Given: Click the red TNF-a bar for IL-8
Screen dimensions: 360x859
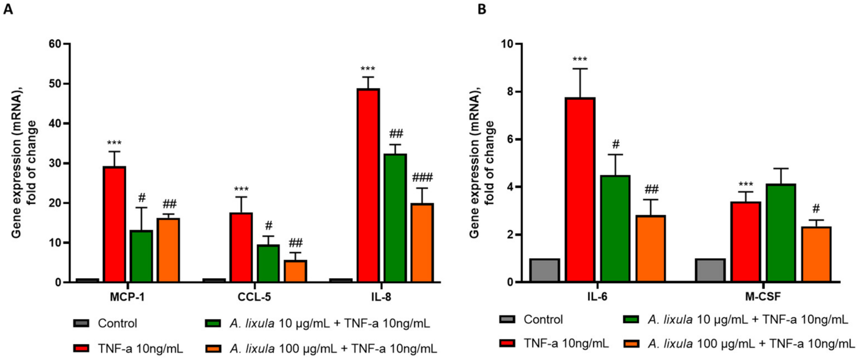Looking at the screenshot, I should (368, 185).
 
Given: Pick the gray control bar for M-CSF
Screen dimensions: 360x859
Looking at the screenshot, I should (710, 270).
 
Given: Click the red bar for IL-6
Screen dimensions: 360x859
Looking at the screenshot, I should (580, 190).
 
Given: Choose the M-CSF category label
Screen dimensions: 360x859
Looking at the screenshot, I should (763, 297).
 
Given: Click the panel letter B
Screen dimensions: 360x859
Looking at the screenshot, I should (482, 9).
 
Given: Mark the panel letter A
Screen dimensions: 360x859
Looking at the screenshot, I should (8, 9).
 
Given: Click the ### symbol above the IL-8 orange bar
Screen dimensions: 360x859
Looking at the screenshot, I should (422, 177).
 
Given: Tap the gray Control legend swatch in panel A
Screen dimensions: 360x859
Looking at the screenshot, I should (81, 323).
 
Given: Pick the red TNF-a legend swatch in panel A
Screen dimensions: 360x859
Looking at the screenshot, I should (81, 348).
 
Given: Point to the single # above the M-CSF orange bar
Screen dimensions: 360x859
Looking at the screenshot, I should (816, 209).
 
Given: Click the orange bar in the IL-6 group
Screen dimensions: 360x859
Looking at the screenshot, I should (651, 249).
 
